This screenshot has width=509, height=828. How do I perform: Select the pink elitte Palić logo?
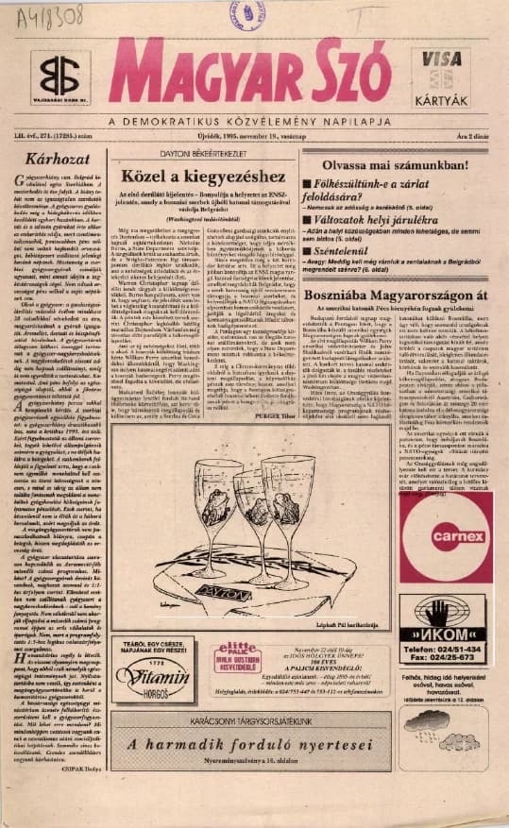(x=236, y=652)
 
